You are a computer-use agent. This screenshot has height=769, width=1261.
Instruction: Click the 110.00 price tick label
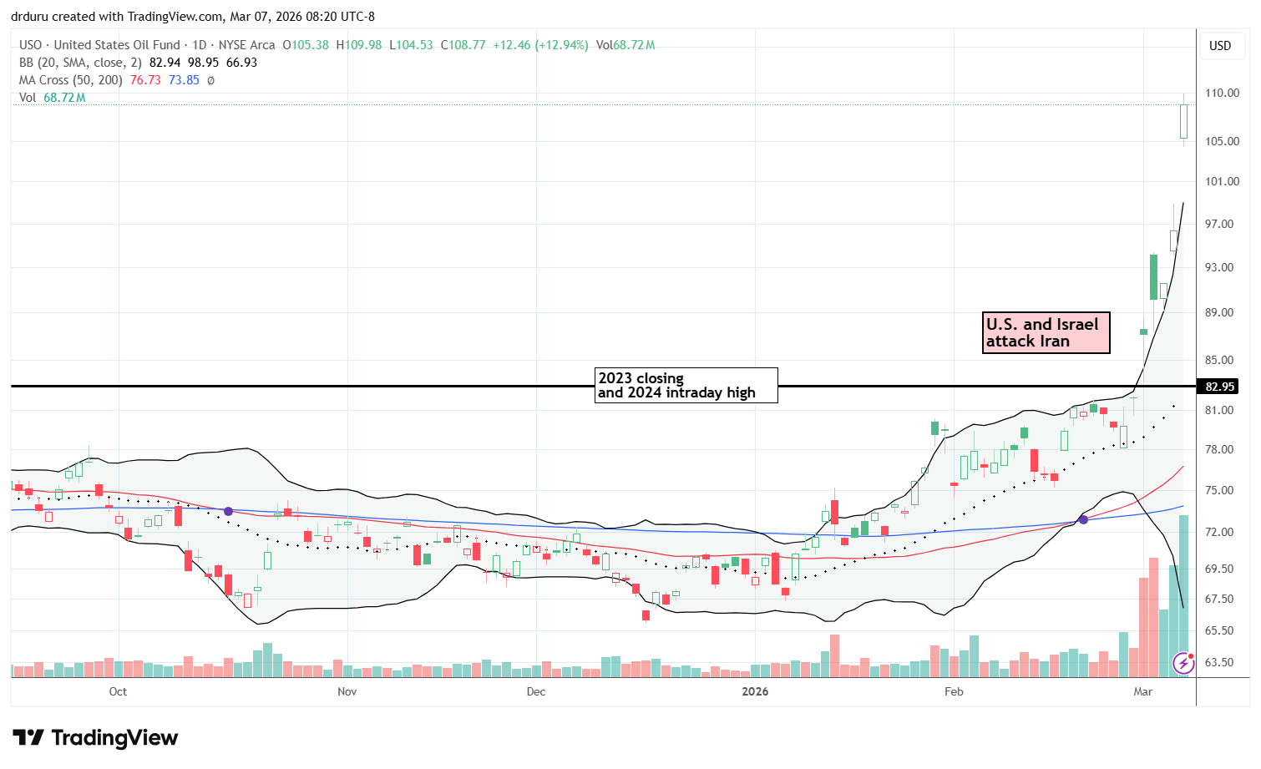click(x=1221, y=93)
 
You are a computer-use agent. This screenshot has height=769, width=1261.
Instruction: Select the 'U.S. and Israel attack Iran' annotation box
click(x=1046, y=332)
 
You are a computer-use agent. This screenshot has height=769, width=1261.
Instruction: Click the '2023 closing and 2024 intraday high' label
click(x=686, y=385)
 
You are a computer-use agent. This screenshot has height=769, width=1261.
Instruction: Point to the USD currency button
click(x=1220, y=46)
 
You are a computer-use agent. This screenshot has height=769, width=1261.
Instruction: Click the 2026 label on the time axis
click(x=755, y=691)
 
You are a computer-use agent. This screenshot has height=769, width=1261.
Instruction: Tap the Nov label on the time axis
click(x=347, y=691)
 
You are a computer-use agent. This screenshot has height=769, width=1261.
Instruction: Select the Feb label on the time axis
click(x=953, y=691)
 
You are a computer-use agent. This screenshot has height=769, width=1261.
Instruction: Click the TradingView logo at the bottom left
click(x=96, y=738)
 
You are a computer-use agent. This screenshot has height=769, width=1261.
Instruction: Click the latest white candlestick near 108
click(x=1183, y=121)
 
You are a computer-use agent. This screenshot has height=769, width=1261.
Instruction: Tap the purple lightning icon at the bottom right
click(x=1183, y=663)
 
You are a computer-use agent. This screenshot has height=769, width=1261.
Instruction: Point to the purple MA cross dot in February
click(x=1083, y=519)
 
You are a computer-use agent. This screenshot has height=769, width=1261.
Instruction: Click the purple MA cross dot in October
click(x=228, y=510)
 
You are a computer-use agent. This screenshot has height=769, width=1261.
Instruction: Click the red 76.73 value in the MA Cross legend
click(x=145, y=80)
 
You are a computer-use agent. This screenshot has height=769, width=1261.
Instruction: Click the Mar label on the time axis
click(x=1142, y=691)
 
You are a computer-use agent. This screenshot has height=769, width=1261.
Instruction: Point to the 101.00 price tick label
click(x=1221, y=181)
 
